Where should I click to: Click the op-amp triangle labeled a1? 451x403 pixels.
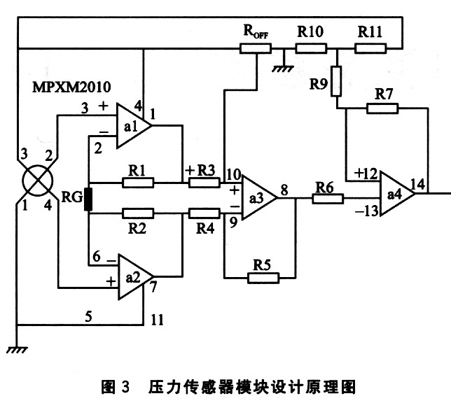[132, 127]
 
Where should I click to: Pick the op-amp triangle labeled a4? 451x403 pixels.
[396, 191]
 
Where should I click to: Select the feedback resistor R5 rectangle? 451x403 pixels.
[263, 277]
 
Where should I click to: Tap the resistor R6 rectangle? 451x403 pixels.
[328, 198]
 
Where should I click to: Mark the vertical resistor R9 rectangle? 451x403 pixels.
[338, 81]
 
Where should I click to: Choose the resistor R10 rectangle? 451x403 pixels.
[310, 48]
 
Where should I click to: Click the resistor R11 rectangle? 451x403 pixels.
[370, 48]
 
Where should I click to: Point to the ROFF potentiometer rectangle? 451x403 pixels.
[256, 48]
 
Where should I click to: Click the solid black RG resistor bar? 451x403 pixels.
[89, 198]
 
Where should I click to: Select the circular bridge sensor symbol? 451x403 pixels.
[35, 179]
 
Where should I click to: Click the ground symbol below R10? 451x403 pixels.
[284, 68]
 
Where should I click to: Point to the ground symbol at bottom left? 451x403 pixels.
[15, 348]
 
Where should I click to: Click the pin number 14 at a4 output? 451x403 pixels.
[419, 184]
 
